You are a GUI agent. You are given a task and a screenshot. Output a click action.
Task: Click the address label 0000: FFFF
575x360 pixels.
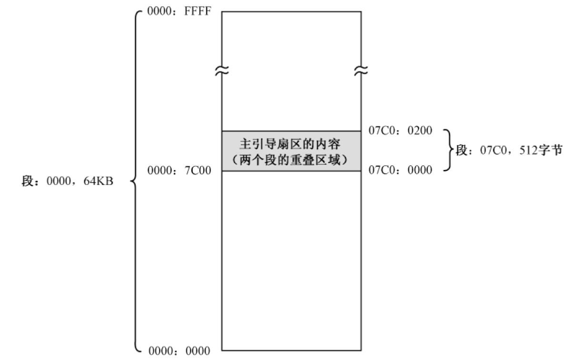[x=179, y=11]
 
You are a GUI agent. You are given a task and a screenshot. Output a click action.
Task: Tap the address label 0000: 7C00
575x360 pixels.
[x=179, y=170]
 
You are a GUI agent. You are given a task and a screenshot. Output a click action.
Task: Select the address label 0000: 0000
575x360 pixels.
[x=179, y=351]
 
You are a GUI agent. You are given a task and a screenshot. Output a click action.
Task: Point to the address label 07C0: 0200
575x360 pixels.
[x=400, y=130]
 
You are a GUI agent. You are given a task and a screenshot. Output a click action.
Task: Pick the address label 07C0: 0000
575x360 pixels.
[x=400, y=170]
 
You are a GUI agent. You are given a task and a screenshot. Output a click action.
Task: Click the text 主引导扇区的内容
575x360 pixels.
[x=290, y=144]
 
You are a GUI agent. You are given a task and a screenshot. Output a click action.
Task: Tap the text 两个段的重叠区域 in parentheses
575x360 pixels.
[x=290, y=160]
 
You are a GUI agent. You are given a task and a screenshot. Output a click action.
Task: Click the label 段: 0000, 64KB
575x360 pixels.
[x=67, y=181]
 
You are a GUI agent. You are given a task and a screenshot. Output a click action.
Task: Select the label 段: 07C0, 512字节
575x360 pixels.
[x=509, y=150]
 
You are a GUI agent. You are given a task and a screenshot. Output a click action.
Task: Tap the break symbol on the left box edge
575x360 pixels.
[x=222, y=70]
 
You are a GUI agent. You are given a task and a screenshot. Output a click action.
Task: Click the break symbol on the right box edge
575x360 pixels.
[x=361, y=70]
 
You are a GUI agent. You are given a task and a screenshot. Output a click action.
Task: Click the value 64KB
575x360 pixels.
[x=99, y=181]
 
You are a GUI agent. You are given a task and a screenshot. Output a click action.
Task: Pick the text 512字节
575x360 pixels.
[x=541, y=150]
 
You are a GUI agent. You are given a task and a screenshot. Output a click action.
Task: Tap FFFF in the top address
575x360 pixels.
[x=198, y=11]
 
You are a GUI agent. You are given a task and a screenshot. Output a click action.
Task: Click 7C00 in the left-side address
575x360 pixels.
[x=198, y=170]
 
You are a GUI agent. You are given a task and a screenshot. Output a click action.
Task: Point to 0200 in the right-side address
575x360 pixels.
[x=420, y=130]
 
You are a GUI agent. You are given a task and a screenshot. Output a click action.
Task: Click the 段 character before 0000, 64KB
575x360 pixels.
[x=28, y=181]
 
